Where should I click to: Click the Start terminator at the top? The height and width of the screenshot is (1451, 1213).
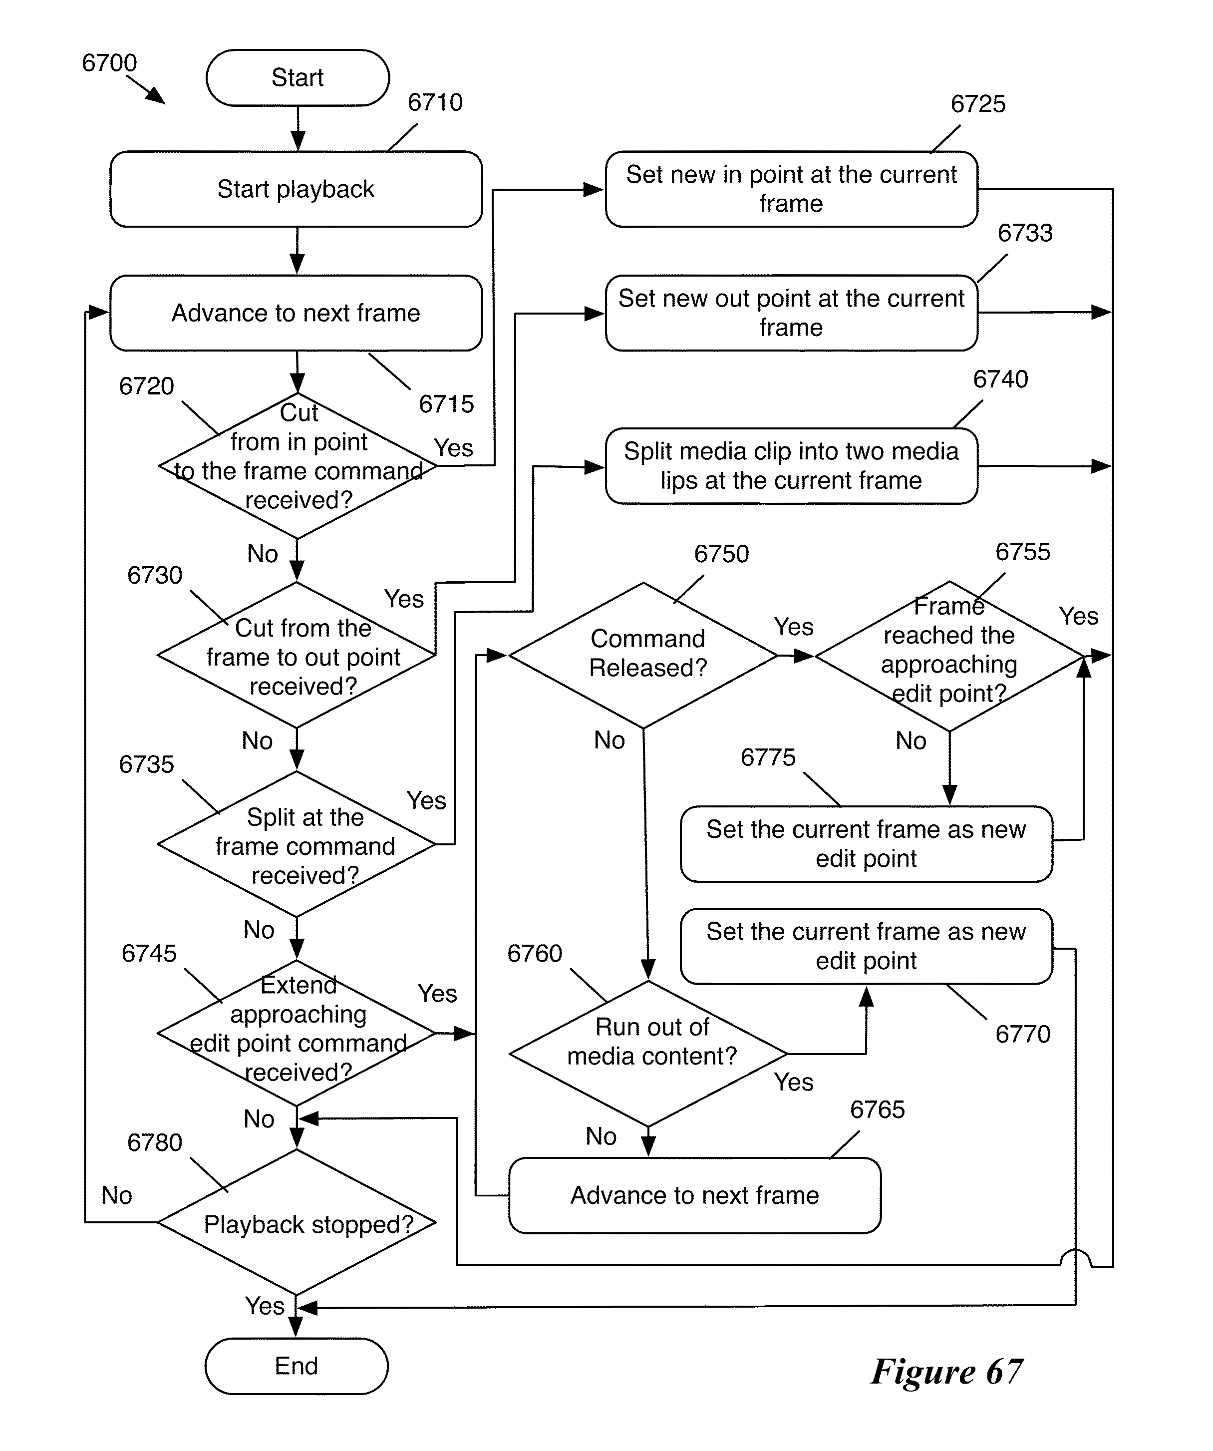tap(297, 77)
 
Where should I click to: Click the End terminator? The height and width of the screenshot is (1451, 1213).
tap(297, 1366)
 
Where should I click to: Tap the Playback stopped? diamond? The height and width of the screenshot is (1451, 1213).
tap(297, 1224)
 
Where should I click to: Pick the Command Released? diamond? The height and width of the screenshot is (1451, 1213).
tap(644, 654)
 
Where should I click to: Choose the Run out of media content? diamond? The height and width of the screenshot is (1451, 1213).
tap(648, 1054)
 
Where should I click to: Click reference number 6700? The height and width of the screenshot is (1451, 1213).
tap(109, 63)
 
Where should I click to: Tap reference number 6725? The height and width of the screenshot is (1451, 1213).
tap(977, 104)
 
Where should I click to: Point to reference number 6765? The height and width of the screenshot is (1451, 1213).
tap(877, 1109)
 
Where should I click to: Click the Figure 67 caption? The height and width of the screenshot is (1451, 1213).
tap(946, 1372)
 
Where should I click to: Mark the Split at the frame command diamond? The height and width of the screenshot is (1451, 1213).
tap(297, 844)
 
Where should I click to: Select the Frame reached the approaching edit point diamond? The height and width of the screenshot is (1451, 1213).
tap(949, 655)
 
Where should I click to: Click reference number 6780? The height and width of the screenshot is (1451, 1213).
tap(154, 1143)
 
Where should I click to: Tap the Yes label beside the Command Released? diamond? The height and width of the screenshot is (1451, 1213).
tap(793, 627)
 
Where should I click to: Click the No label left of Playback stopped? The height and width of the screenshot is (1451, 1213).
tap(116, 1195)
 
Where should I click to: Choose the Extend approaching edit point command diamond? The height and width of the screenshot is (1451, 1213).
tap(297, 1033)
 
